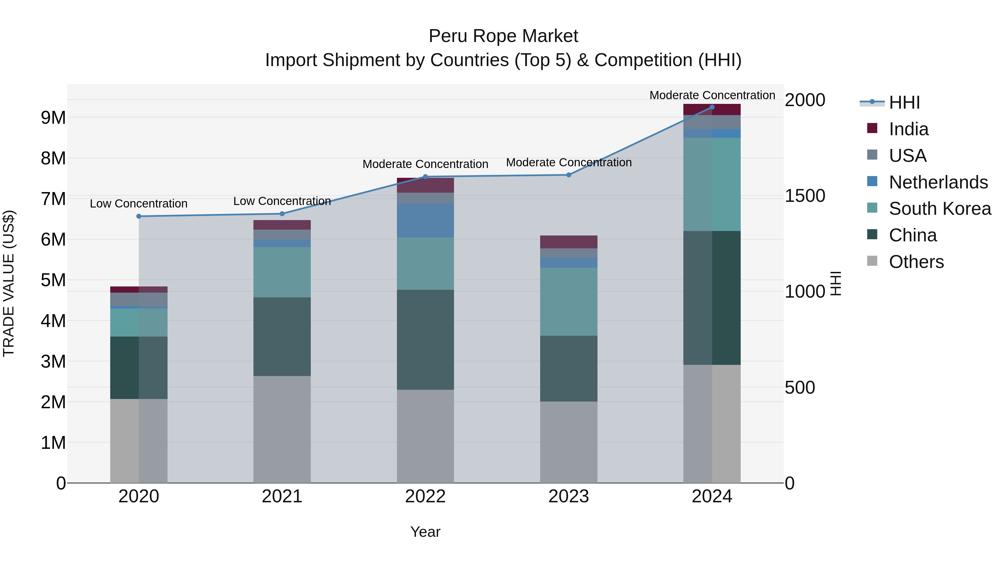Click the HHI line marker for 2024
(x=712, y=107)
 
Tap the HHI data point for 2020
(x=139, y=216)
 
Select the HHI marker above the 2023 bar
(x=569, y=175)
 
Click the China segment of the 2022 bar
(x=425, y=340)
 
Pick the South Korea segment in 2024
(x=712, y=184)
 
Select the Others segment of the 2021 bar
(x=282, y=429)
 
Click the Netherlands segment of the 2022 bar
(x=425, y=220)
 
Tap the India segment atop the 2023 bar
(x=569, y=242)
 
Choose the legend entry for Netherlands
(x=938, y=182)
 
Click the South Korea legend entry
(x=940, y=209)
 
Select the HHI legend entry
(x=904, y=102)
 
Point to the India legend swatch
(x=872, y=128)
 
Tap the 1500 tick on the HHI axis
(x=805, y=196)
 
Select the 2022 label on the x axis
(x=425, y=496)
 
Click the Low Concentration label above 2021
(x=282, y=201)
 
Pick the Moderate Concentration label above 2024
(x=712, y=95)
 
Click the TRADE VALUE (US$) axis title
(x=9, y=283)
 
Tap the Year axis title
(x=425, y=532)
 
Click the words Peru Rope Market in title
(x=503, y=36)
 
